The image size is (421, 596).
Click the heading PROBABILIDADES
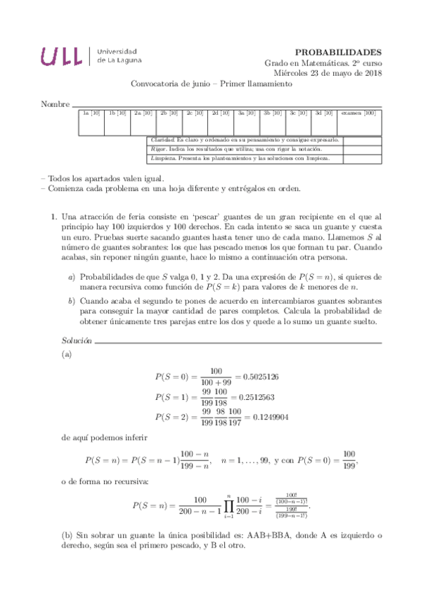(338, 53)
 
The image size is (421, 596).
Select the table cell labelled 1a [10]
(91, 113)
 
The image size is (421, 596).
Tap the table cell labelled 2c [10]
(195, 113)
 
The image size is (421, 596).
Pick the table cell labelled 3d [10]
(324, 113)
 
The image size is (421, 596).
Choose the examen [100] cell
(358, 113)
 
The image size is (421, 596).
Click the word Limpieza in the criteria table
(163, 159)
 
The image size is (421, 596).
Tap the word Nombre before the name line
(56, 104)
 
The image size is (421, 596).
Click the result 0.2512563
(260, 396)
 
